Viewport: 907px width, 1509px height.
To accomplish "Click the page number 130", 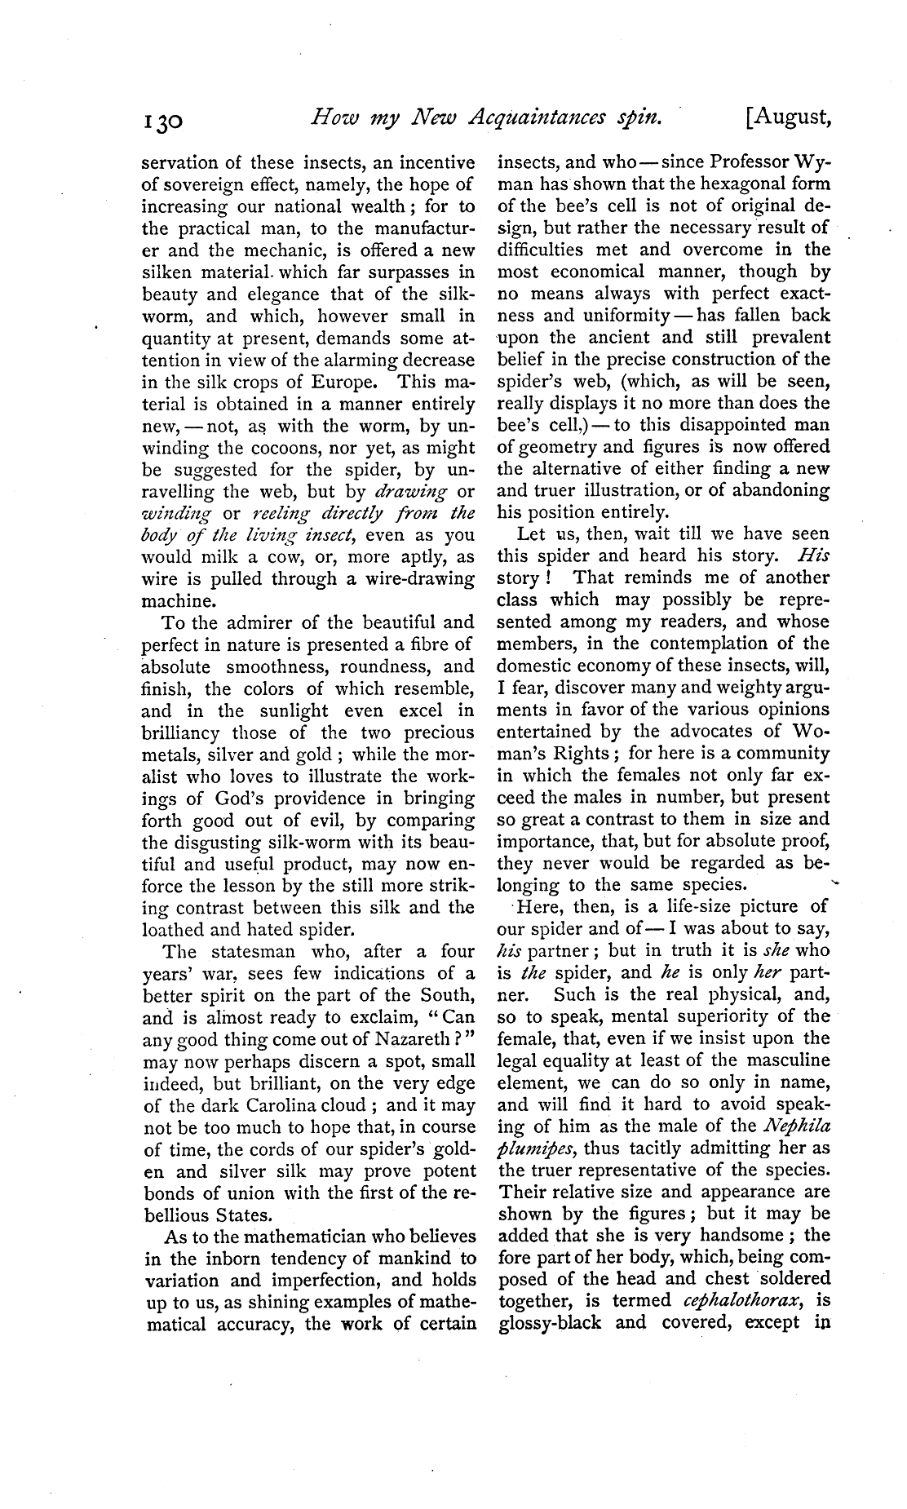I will click(166, 122).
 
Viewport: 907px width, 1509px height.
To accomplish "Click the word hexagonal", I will click(708, 184).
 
